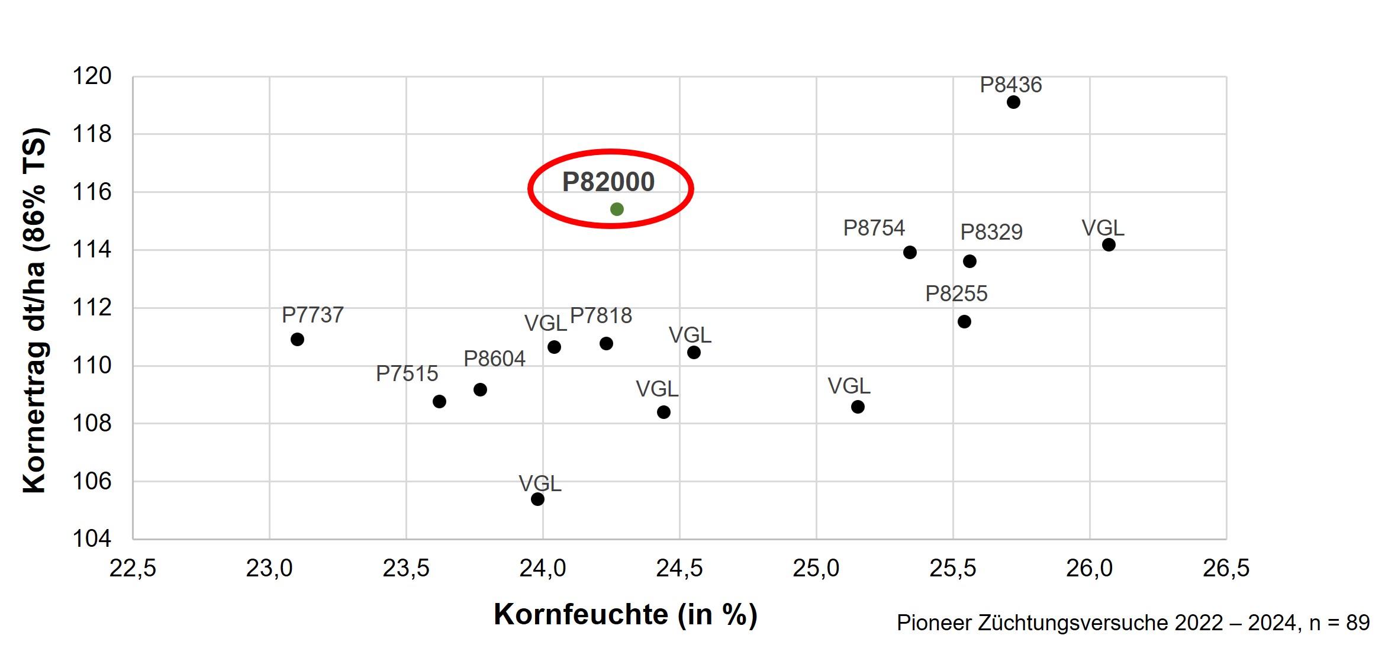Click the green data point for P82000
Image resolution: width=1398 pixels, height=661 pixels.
[x=617, y=209]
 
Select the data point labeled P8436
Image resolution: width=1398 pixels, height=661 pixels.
[x=1013, y=102]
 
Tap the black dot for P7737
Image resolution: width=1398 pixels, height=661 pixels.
[x=297, y=339]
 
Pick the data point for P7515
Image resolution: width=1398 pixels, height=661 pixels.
[x=439, y=401]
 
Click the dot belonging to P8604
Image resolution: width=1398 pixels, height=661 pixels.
[x=480, y=389]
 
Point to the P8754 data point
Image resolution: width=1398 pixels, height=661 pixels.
[x=910, y=253]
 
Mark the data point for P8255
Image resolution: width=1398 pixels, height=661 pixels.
[x=964, y=321]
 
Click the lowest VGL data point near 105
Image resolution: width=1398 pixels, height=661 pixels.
[x=537, y=499]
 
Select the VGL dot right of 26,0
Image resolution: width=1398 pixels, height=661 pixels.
[x=1109, y=244]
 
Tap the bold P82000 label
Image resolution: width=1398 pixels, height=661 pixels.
[x=608, y=182]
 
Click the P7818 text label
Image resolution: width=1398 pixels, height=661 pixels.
[x=601, y=315]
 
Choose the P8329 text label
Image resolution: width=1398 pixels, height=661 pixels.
[x=991, y=232]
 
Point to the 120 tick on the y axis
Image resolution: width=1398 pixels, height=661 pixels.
[x=92, y=76]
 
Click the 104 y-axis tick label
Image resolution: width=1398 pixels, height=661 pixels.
[x=92, y=539]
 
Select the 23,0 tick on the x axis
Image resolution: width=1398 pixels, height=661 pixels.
[x=269, y=568]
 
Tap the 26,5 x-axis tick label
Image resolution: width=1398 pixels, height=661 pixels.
[x=1226, y=568]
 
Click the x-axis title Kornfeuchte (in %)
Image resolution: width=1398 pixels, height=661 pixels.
[x=626, y=614]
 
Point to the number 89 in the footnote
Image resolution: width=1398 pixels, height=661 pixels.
[x=1358, y=623]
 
